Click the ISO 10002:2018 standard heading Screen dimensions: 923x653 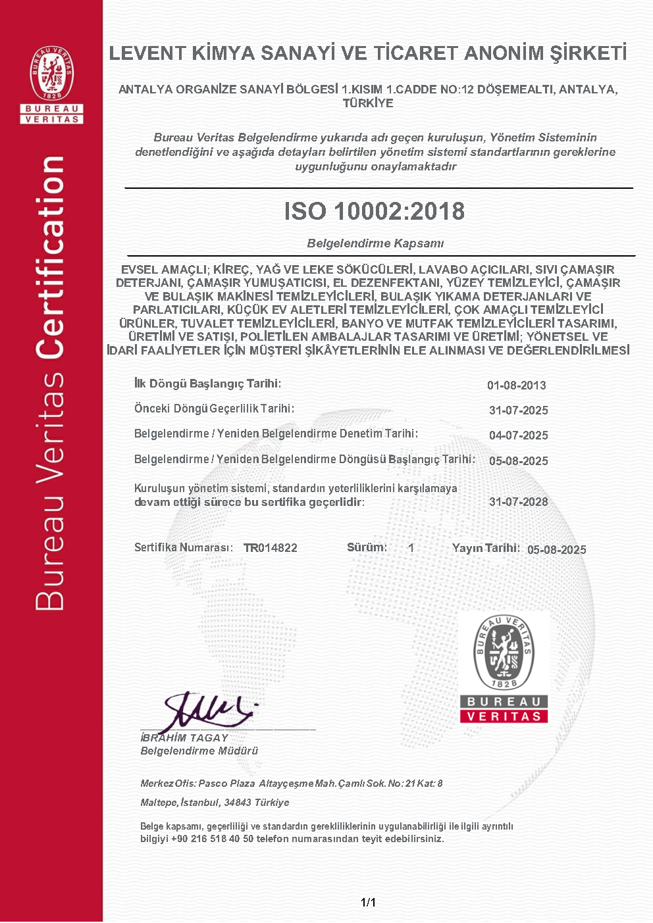tap(374, 211)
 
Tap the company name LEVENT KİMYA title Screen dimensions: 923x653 tap(367, 53)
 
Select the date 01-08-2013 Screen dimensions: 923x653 tap(517, 386)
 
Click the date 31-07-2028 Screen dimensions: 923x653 tap(519, 502)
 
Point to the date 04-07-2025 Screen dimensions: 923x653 tap(519, 436)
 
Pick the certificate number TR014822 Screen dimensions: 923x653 tap(271, 548)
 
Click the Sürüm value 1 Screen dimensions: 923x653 tap(411, 548)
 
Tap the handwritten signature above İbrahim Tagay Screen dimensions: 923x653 tap(207, 711)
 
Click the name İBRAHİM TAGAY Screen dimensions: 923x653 tap(184, 738)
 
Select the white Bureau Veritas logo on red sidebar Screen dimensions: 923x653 tap(52, 84)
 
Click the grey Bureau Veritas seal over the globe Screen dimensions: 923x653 tap(504, 668)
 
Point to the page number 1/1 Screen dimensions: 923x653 tap(368, 903)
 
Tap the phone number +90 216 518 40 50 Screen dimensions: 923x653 tap(212, 839)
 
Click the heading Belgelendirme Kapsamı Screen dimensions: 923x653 tap(375, 243)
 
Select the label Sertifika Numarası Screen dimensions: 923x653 tap(183, 547)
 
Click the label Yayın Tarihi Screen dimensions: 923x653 tap(486, 548)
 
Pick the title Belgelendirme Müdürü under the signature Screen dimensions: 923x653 tap(199, 751)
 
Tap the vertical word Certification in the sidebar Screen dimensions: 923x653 tap(51, 258)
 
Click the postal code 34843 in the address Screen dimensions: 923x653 tap(238, 803)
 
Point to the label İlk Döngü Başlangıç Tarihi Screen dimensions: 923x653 tap(207, 384)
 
